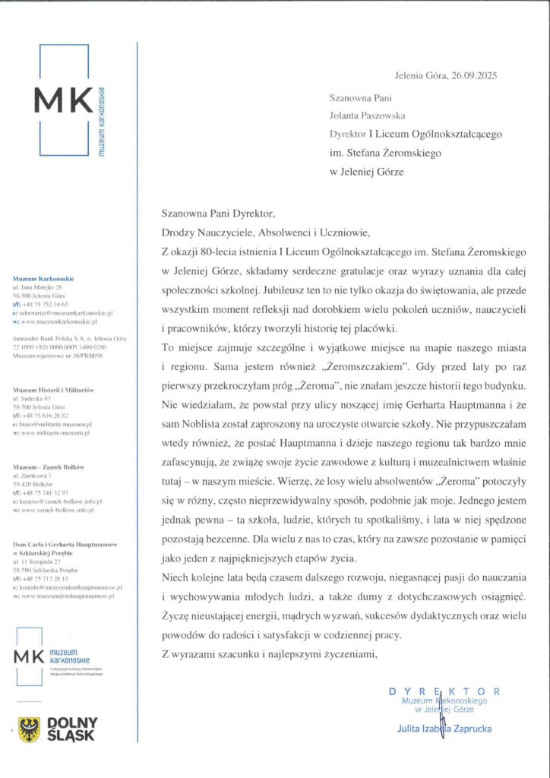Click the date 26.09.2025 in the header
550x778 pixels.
475,77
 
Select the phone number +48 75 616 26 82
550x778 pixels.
52,415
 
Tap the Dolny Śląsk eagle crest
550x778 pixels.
30,730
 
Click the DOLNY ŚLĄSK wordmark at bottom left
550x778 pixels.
72,729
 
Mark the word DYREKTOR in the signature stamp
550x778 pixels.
444,691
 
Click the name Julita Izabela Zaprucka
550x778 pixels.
444,729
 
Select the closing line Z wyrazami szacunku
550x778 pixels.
269,653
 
